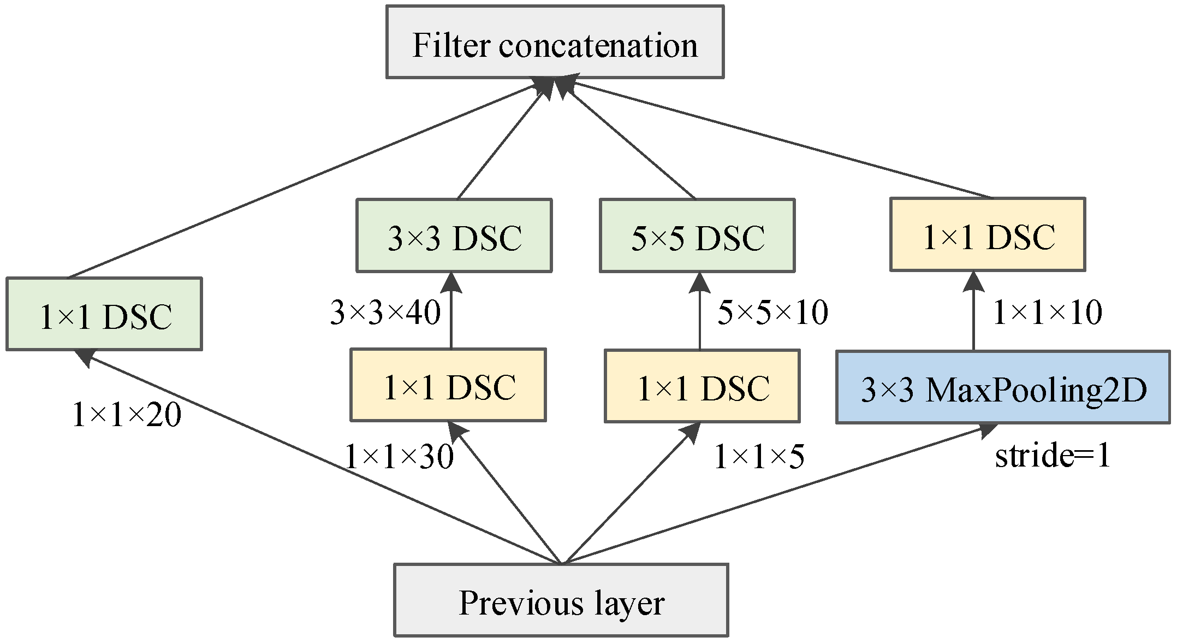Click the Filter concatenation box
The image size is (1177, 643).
(555, 42)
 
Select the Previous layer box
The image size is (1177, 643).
(561, 600)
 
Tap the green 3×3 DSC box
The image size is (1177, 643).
(454, 235)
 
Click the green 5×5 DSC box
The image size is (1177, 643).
(697, 235)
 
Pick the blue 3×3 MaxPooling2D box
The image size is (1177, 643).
(1003, 387)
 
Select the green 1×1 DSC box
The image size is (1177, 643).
(104, 314)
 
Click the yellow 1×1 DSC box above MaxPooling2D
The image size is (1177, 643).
(988, 234)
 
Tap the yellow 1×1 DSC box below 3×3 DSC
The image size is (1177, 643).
(448, 385)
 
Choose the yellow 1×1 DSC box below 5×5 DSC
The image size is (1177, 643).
(702, 386)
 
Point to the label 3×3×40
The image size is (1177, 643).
(385, 313)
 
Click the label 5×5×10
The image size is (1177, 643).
(772, 313)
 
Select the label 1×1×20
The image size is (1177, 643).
(127, 415)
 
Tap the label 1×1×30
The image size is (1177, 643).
(399, 456)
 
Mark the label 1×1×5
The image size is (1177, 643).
(759, 456)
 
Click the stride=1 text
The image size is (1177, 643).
(1053, 455)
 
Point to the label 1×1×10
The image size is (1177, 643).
(1047, 313)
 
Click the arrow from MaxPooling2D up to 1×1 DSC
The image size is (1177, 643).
(973, 317)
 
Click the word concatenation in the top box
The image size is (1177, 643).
(598, 45)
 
